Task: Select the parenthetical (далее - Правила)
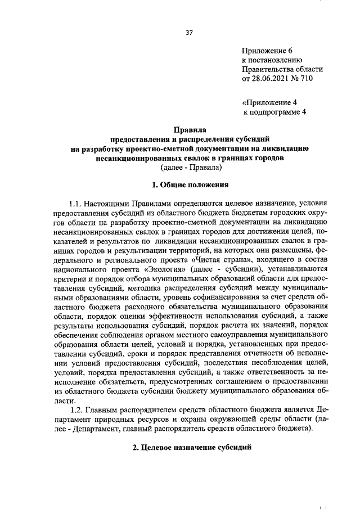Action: point(189,167)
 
